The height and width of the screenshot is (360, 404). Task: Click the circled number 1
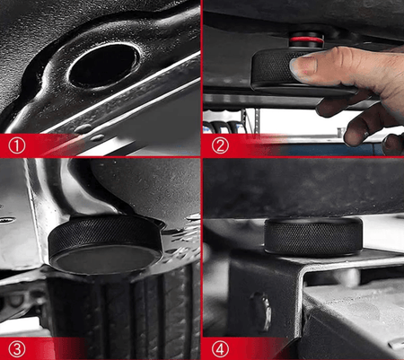pyautogui.click(x=17, y=145)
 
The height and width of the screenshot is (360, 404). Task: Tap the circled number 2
pyautogui.click(x=220, y=145)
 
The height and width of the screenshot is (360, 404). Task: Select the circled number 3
pyautogui.click(x=17, y=349)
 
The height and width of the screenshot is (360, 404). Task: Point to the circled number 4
pyautogui.click(x=220, y=349)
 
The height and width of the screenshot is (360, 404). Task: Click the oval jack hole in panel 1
pyautogui.click(x=104, y=66)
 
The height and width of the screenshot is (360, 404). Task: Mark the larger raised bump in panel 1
pyautogui.click(x=83, y=128)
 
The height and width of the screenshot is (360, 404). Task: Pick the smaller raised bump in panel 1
pyautogui.click(x=98, y=137)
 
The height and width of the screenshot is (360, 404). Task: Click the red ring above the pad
pyautogui.click(x=306, y=40)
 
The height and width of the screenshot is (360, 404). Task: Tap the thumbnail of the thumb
pyautogui.click(x=303, y=67)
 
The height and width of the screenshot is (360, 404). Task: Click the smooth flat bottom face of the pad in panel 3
pyautogui.click(x=105, y=258)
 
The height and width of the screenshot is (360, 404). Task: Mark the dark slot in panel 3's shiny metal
pyautogui.click(x=6, y=220)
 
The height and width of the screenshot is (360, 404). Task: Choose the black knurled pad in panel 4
pyautogui.click(x=313, y=236)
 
